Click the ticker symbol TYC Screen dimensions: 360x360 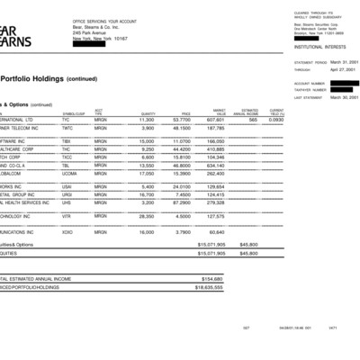tap(67, 119)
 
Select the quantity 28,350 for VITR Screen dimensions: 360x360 tap(144, 216)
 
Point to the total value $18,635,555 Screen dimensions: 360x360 tap(210, 287)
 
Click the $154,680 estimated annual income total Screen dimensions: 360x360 tap(210, 279)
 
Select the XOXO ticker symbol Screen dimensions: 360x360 tap(67, 232)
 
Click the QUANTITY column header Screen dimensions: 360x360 tap(148, 113)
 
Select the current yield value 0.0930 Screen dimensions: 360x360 tap(276, 119)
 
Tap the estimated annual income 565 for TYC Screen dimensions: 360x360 tap(253, 119)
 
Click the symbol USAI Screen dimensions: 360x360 tap(67, 186)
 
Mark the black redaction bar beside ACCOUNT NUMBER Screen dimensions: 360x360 tap(345, 84)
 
